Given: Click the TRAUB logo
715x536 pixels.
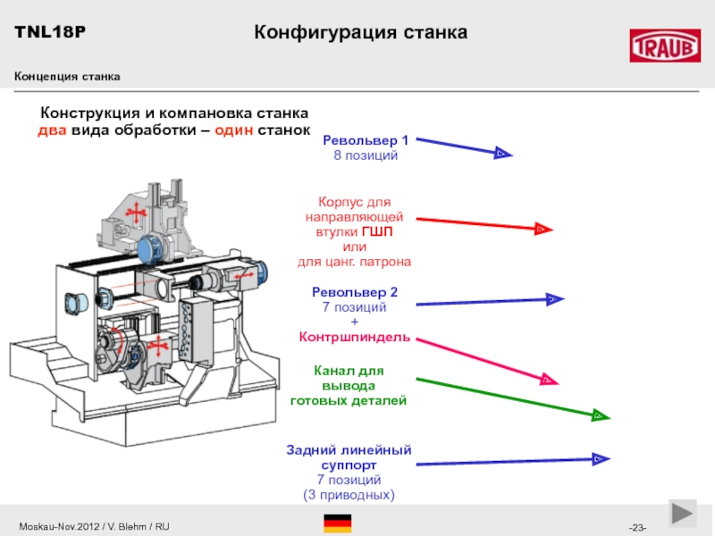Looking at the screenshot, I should [x=665, y=46].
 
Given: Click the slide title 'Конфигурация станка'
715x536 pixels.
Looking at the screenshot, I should [x=361, y=33].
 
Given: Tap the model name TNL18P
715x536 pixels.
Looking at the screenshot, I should [x=49, y=32].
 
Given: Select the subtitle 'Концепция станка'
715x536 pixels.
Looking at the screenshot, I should [x=67, y=77].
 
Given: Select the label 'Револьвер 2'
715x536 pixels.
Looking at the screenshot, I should [x=354, y=292].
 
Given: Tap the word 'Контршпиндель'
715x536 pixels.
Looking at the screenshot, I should [x=355, y=337].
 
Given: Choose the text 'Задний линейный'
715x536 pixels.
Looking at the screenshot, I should [x=349, y=449].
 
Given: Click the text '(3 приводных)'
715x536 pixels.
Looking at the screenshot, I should [x=349, y=494].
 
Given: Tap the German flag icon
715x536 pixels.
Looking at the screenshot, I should [x=337, y=523].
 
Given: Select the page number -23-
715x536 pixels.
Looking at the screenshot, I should [x=638, y=528].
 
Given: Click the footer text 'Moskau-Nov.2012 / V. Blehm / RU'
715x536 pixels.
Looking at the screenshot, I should [x=93, y=527].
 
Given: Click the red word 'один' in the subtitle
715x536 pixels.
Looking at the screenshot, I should [x=230, y=130].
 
